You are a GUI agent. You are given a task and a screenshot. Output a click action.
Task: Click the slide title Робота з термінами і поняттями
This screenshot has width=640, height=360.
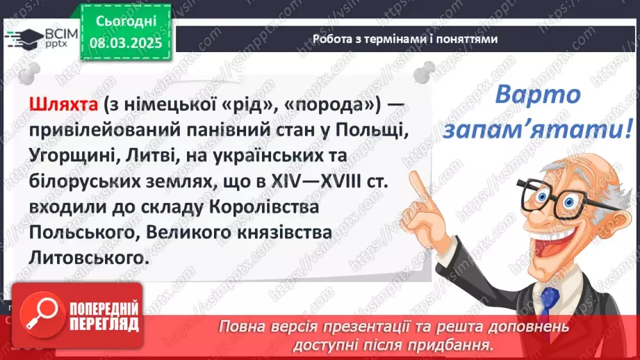point(405,39)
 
